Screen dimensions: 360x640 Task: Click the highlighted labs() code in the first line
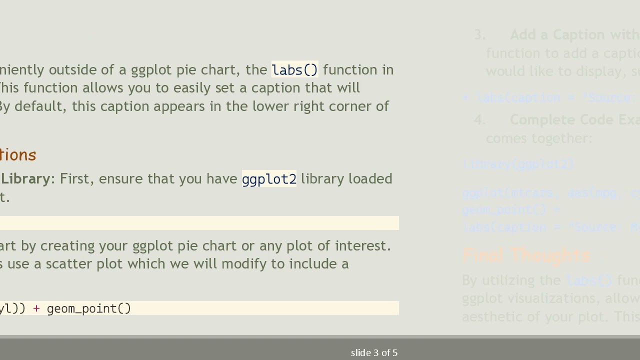point(294,70)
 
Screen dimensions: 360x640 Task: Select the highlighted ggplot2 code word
point(269,179)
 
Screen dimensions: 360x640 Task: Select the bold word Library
point(25,179)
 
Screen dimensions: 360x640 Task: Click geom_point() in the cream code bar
point(89,308)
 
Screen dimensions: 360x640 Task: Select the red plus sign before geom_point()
point(36,308)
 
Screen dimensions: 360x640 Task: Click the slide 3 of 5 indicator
point(374,353)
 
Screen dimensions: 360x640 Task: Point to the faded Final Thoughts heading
point(526,255)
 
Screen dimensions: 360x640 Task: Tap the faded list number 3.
point(479,35)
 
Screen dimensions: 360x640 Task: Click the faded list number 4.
point(479,120)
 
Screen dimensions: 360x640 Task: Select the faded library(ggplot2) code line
point(518,164)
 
